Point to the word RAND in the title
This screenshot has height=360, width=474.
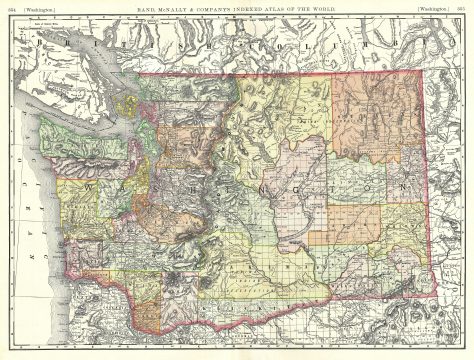156,9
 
